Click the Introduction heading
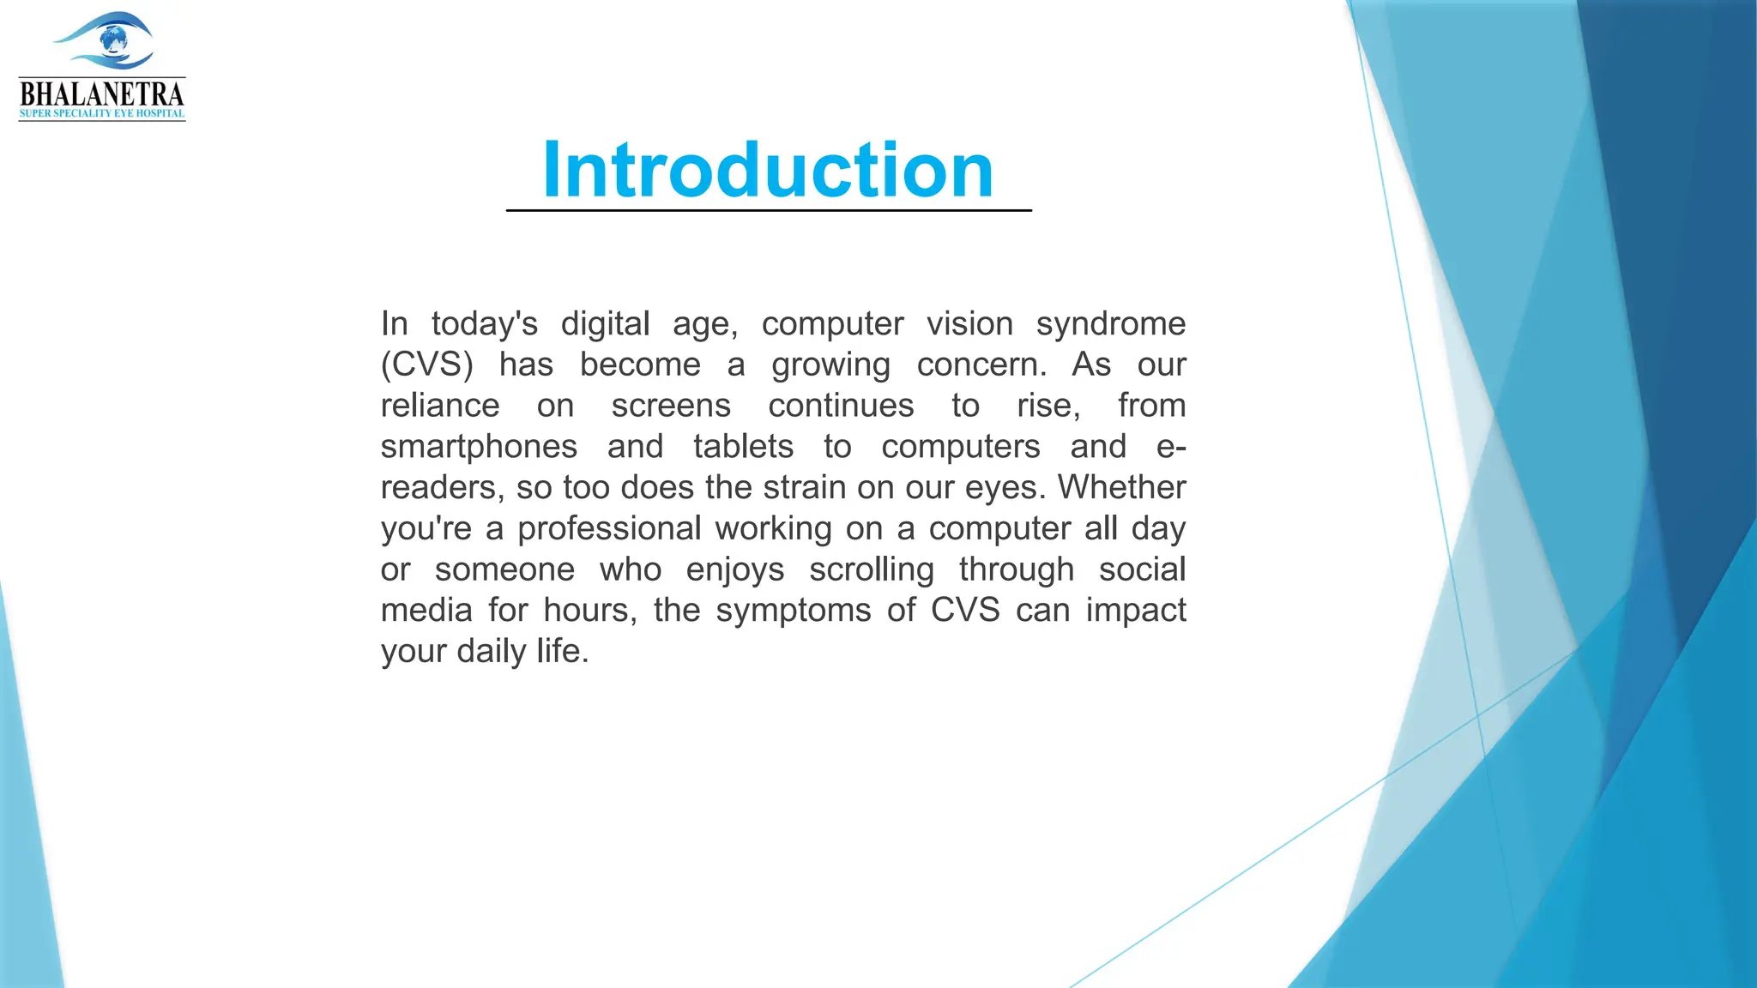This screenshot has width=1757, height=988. [768, 170]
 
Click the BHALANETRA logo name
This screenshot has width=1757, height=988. [101, 93]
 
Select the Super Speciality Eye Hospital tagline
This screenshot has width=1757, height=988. [101, 114]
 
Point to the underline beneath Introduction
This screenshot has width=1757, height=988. [768, 210]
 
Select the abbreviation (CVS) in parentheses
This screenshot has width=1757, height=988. [426, 365]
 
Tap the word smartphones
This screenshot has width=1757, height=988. [479, 447]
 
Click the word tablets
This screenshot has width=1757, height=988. [743, 447]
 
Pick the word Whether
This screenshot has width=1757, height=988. [1121, 487]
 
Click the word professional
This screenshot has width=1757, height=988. [609, 528]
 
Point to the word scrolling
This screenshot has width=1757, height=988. [871, 569]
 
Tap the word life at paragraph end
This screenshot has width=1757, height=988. [560, 651]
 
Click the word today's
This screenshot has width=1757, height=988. [484, 324]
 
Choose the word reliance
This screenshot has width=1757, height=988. [440, 406]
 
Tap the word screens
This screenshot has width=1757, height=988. [671, 406]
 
